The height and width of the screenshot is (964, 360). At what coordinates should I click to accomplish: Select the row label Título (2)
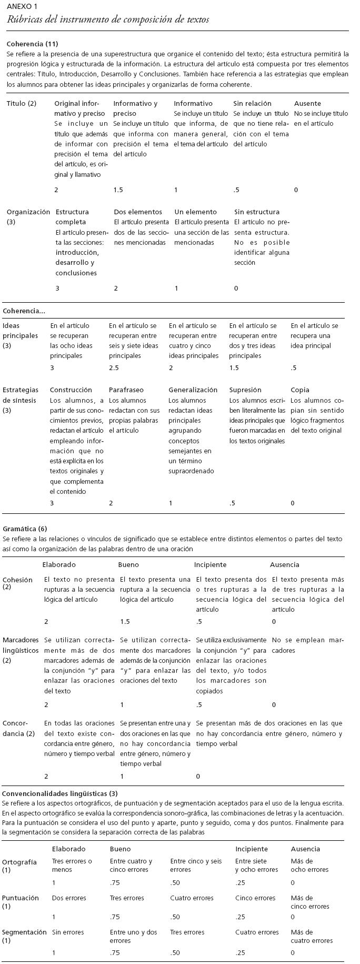click(x=22, y=104)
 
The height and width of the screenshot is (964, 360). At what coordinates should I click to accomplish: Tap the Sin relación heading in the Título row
click(x=252, y=104)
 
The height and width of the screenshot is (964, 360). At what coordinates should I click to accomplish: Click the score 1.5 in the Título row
click(x=118, y=190)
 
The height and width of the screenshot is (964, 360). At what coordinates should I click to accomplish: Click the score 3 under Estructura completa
click(x=57, y=288)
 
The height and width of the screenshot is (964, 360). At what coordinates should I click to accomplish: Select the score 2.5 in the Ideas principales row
click(x=114, y=368)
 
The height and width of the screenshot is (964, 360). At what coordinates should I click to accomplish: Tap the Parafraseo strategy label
click(x=126, y=390)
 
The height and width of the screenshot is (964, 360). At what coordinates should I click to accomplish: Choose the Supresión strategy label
click(x=245, y=390)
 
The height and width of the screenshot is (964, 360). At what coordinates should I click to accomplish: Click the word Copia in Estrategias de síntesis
click(x=300, y=390)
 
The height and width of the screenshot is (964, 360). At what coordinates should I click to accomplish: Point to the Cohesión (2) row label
click(x=15, y=583)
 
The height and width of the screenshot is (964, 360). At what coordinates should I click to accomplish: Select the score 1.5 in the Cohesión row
click(x=125, y=622)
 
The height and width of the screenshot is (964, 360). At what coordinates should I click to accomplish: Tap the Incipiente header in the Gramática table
click(x=210, y=564)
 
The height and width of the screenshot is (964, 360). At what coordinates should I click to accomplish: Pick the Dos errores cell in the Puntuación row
click(x=69, y=898)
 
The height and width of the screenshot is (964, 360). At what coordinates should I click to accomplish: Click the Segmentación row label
click(x=24, y=932)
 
